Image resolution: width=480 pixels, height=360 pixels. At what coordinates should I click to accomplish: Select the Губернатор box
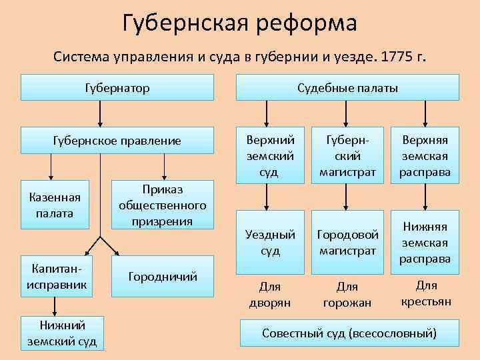[117, 87]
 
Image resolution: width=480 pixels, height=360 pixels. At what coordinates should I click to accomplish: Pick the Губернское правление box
[117, 141]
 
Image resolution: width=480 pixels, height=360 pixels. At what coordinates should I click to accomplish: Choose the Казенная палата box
[55, 205]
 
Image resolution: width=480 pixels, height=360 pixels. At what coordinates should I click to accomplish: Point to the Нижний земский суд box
[62, 333]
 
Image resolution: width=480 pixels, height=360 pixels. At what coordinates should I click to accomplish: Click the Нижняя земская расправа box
[425, 242]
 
